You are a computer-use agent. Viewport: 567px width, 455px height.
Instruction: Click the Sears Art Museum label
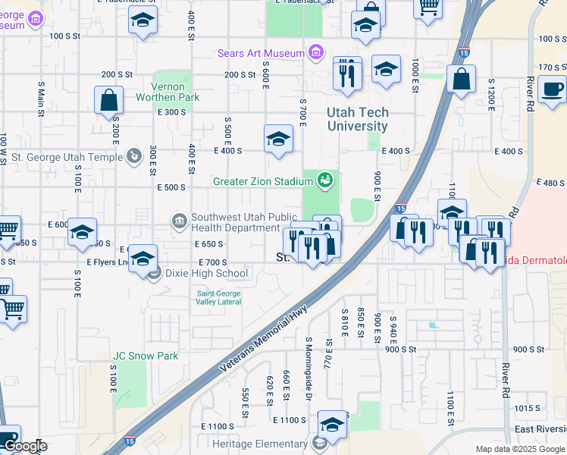coord(260,53)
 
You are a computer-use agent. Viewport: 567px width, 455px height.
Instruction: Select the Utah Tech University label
coord(358,119)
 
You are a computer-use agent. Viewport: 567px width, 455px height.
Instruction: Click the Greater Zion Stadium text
coord(262,181)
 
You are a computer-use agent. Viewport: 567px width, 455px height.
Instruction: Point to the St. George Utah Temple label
coord(62,157)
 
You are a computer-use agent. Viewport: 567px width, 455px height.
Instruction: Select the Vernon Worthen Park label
coord(168,92)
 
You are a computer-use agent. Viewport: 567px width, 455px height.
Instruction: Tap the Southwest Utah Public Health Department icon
coord(180,221)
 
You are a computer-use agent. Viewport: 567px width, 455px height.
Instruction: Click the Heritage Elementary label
coord(261,443)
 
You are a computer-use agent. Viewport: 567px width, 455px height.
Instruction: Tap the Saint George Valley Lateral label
coord(219,297)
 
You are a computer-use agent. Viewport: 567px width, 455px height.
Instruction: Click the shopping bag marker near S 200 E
coord(109,99)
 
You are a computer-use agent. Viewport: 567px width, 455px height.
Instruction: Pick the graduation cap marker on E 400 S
coord(278,139)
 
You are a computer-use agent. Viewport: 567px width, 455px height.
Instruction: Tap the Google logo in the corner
coord(25,446)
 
